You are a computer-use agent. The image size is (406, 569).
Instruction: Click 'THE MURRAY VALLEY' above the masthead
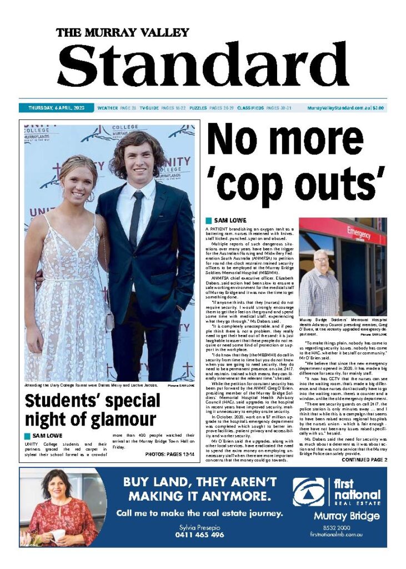pos(123,32)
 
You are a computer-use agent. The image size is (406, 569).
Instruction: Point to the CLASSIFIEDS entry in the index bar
pos(250,108)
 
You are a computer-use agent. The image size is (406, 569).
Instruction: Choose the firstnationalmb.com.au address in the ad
pos(337,534)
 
